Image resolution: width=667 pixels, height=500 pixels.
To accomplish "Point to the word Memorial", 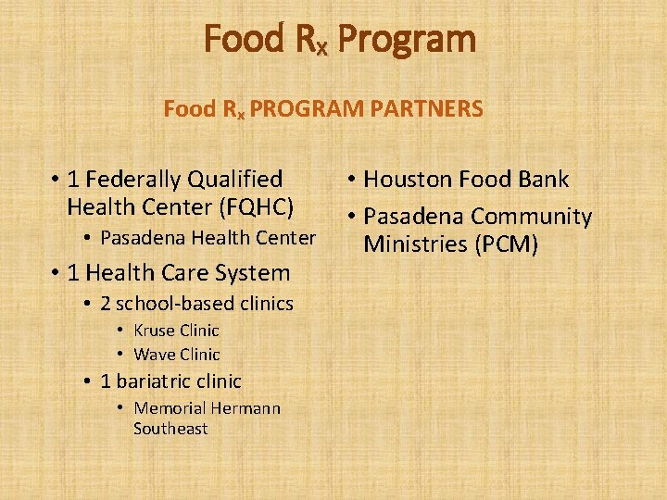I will click(170, 408).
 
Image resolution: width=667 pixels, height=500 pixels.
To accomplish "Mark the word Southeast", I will click(170, 429).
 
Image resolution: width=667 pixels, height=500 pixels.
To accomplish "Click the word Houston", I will click(403, 180).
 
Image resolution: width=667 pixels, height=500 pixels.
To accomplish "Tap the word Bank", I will click(543, 180).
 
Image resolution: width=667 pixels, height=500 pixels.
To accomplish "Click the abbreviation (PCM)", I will click(506, 244).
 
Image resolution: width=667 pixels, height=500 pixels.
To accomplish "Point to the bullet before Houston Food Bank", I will click(353, 181).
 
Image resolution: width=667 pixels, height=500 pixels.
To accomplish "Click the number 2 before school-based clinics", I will click(106, 304).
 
